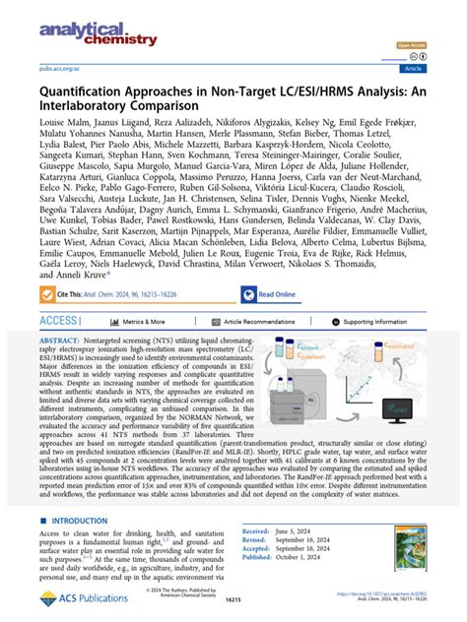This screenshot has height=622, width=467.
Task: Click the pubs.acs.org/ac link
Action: (59, 69)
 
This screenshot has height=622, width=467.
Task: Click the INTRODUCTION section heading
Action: (85, 521)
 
